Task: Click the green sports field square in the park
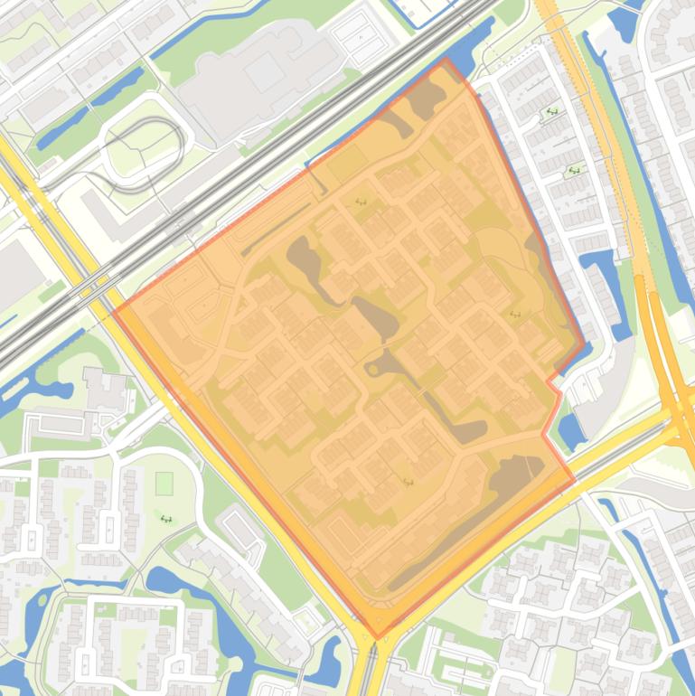pos(164,484)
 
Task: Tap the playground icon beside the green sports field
pos(166,519)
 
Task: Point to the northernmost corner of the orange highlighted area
pos(446,60)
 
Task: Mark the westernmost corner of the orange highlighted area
pos(112,312)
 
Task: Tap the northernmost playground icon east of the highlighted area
pos(551,112)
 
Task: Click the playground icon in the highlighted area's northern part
pos(362,202)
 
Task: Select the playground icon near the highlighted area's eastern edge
pos(515,315)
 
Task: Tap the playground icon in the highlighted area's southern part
pos(408,482)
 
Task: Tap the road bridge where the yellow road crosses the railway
pos(90,287)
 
